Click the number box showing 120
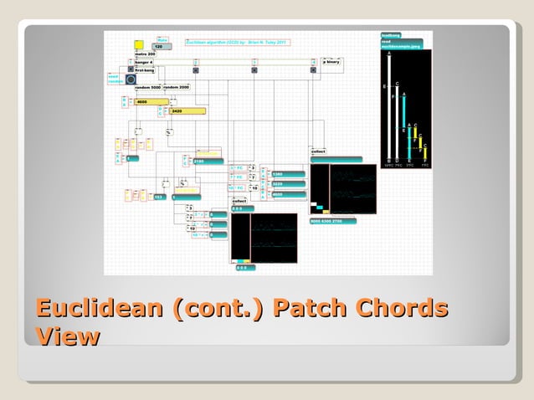162,47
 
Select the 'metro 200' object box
146,54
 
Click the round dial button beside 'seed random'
131,79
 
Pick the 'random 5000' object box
148,87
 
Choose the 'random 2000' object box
177,87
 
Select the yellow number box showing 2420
187,110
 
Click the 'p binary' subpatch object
332,61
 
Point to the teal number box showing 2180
207,161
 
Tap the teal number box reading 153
159,197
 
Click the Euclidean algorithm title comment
236,40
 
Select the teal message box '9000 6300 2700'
332,221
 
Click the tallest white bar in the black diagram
388,105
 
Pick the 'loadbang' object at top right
391,35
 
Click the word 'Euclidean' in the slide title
100,308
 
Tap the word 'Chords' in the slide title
403,308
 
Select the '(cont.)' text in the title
218,308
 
